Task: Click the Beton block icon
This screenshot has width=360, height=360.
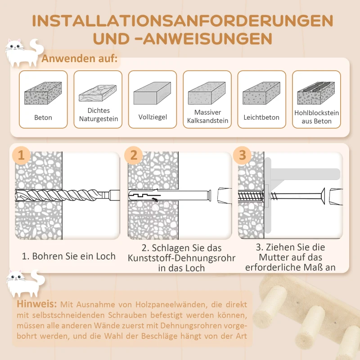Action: [x=43, y=93]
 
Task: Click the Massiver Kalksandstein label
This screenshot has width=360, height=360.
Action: [x=207, y=117]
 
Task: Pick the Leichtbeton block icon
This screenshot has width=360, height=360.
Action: [x=261, y=94]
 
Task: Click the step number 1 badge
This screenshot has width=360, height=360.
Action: [x=21, y=156]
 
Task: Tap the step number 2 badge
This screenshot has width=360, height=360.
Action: [x=134, y=156]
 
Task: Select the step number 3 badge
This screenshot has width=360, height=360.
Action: [x=243, y=156]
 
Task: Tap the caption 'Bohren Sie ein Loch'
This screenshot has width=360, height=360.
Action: [x=69, y=256]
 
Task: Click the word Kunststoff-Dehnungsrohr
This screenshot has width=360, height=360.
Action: [x=182, y=258]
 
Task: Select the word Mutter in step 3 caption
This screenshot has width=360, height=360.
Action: [x=274, y=257]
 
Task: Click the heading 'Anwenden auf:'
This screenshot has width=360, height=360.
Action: [x=80, y=59]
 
